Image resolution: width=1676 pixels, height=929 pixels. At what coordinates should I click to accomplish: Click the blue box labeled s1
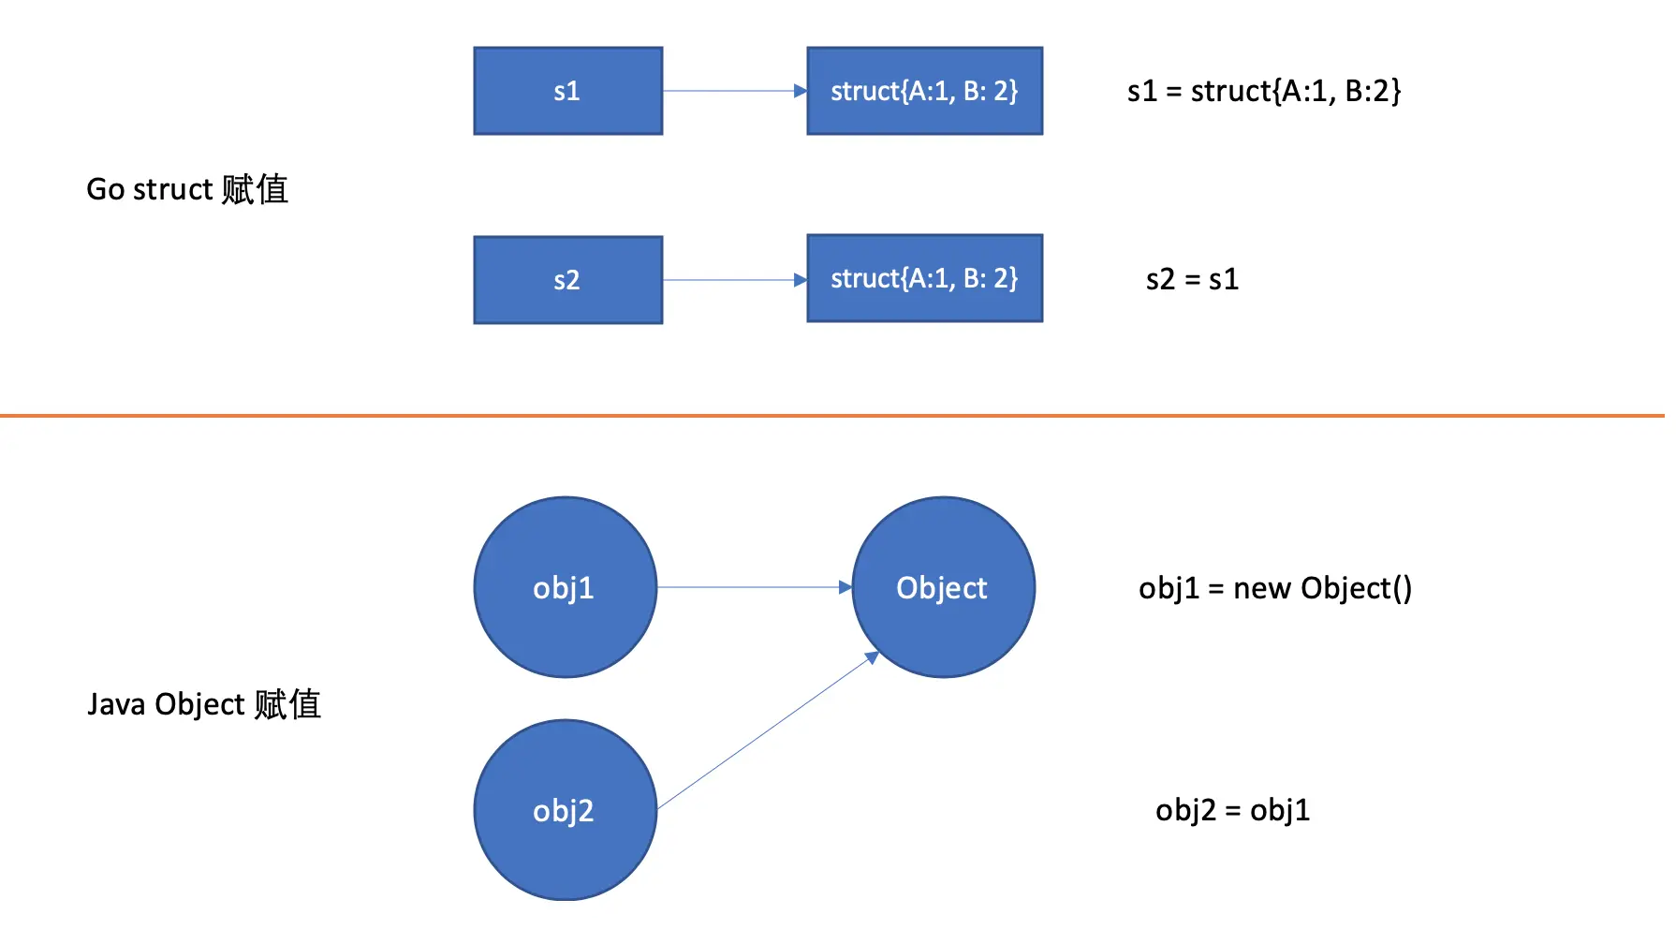pyautogui.click(x=568, y=91)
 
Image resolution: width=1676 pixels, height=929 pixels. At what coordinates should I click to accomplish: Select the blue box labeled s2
pyautogui.click(x=568, y=280)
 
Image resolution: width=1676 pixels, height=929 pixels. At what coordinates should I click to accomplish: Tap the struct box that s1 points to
pyautogui.click(x=925, y=91)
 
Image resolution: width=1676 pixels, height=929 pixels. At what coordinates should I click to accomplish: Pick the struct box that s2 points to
pyautogui.click(x=925, y=278)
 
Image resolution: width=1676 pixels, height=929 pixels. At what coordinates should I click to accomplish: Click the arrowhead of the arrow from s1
pyautogui.click(x=801, y=91)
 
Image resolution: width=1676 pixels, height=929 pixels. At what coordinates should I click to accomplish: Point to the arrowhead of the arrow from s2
pyautogui.click(x=801, y=280)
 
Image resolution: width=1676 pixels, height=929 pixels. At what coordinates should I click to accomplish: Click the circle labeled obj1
pyautogui.click(x=566, y=587)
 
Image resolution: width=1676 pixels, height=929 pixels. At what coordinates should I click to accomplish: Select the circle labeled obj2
pyautogui.click(x=566, y=810)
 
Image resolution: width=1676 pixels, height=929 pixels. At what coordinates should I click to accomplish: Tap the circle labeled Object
pyautogui.click(x=944, y=587)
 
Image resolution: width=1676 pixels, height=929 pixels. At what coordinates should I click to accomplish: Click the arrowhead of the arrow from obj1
pyautogui.click(x=845, y=587)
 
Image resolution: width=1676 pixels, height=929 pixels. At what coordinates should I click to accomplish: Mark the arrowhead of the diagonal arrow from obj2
pyautogui.click(x=872, y=657)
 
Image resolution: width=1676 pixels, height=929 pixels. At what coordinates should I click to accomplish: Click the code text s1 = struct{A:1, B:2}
pyautogui.click(x=1264, y=91)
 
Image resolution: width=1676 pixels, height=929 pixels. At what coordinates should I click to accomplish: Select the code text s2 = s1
pyautogui.click(x=1192, y=279)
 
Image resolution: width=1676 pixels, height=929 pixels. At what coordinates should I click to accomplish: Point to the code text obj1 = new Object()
pyautogui.click(x=1275, y=588)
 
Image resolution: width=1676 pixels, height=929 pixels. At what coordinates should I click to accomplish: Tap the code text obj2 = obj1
pyautogui.click(x=1233, y=810)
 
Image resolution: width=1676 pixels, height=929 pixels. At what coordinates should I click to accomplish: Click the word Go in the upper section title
pyautogui.click(x=106, y=189)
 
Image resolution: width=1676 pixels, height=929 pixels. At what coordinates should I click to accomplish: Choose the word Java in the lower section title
pyautogui.click(x=116, y=704)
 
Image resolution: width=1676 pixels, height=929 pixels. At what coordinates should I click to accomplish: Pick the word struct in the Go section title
pyautogui.click(x=173, y=189)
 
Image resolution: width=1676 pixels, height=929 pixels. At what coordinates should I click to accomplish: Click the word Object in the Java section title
pyautogui.click(x=199, y=704)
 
